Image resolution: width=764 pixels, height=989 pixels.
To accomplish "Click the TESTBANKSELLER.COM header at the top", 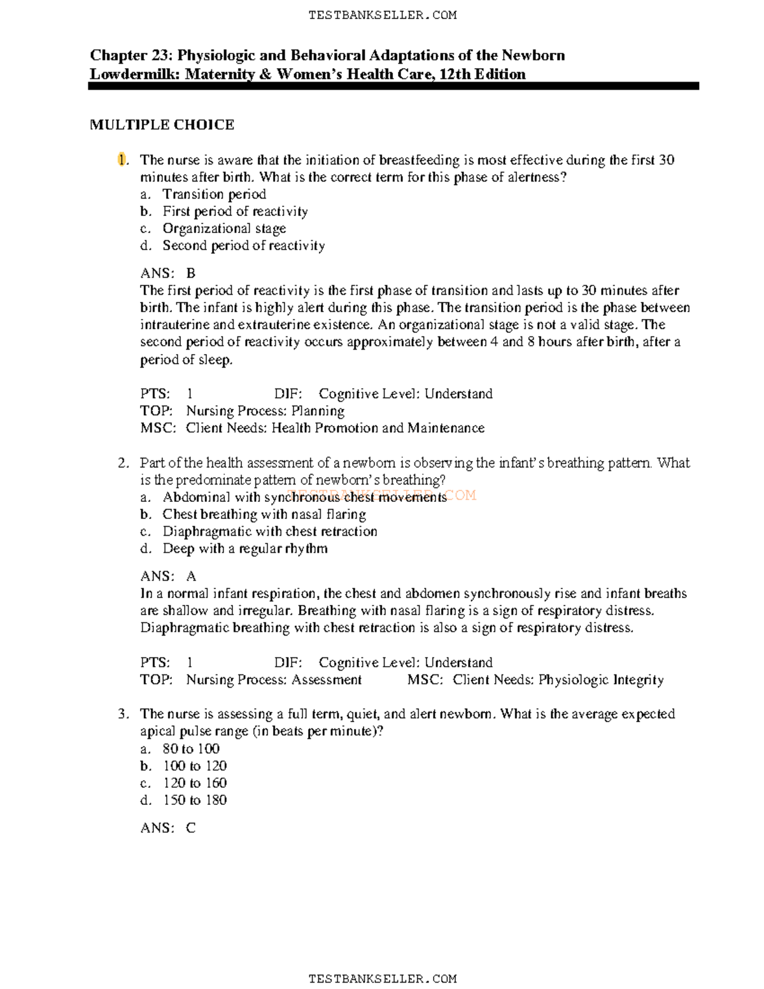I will (x=382, y=15).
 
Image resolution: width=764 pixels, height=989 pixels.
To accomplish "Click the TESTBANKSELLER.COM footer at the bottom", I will (x=382, y=979).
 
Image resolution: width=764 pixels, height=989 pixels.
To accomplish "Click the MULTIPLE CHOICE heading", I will (x=162, y=125).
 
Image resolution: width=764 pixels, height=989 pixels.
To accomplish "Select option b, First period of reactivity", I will (x=235, y=211).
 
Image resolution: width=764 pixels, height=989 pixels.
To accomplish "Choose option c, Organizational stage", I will (x=224, y=229).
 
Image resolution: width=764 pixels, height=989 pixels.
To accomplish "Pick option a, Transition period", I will (x=214, y=194).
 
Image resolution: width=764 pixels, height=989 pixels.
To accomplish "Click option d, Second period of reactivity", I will (x=243, y=246).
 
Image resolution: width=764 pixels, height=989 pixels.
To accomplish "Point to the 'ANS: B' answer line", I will (x=168, y=273).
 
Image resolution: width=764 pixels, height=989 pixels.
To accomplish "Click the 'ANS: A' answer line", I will (x=168, y=576).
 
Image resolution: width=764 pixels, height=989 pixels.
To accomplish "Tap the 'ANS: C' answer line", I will (x=168, y=828).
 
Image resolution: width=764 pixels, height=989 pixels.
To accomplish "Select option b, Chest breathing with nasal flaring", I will (x=264, y=515).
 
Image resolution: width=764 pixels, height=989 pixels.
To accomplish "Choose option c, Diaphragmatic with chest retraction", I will (x=269, y=532).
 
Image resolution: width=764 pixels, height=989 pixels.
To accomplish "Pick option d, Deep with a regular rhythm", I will (x=244, y=549).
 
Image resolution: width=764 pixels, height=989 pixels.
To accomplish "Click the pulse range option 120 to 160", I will (x=195, y=783).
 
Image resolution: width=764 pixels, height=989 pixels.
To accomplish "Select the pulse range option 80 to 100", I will (x=191, y=749).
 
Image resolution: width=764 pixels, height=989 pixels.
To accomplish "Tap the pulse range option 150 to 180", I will (x=195, y=800).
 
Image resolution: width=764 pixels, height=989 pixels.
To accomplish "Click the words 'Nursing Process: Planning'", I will (x=265, y=411).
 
